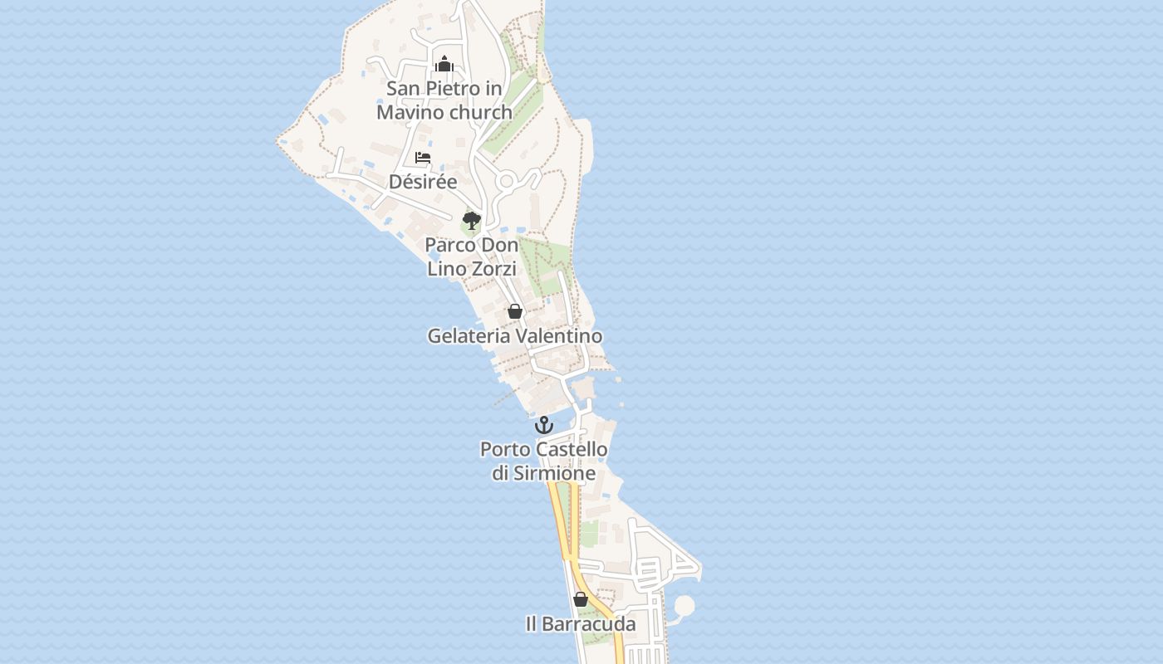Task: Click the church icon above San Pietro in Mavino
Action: pyautogui.click(x=444, y=64)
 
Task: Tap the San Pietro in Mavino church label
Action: pyautogui.click(x=444, y=100)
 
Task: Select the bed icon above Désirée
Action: pyautogui.click(x=423, y=158)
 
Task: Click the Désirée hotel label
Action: pyautogui.click(x=423, y=182)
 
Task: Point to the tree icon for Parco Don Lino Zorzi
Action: pyautogui.click(x=472, y=221)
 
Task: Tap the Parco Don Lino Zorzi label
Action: pyautogui.click(x=472, y=257)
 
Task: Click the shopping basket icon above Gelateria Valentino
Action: pyautogui.click(x=515, y=312)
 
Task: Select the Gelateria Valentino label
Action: pyautogui.click(x=515, y=336)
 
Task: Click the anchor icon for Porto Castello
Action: pyautogui.click(x=543, y=425)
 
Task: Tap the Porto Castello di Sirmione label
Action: pyautogui.click(x=544, y=461)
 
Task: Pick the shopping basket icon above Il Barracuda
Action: pyautogui.click(x=581, y=599)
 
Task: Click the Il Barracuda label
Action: pyautogui.click(x=581, y=624)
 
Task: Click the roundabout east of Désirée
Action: pyautogui.click(x=506, y=181)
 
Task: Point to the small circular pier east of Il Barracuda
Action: pyautogui.click(x=684, y=606)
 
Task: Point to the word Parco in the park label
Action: pyautogui.click(x=449, y=246)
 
